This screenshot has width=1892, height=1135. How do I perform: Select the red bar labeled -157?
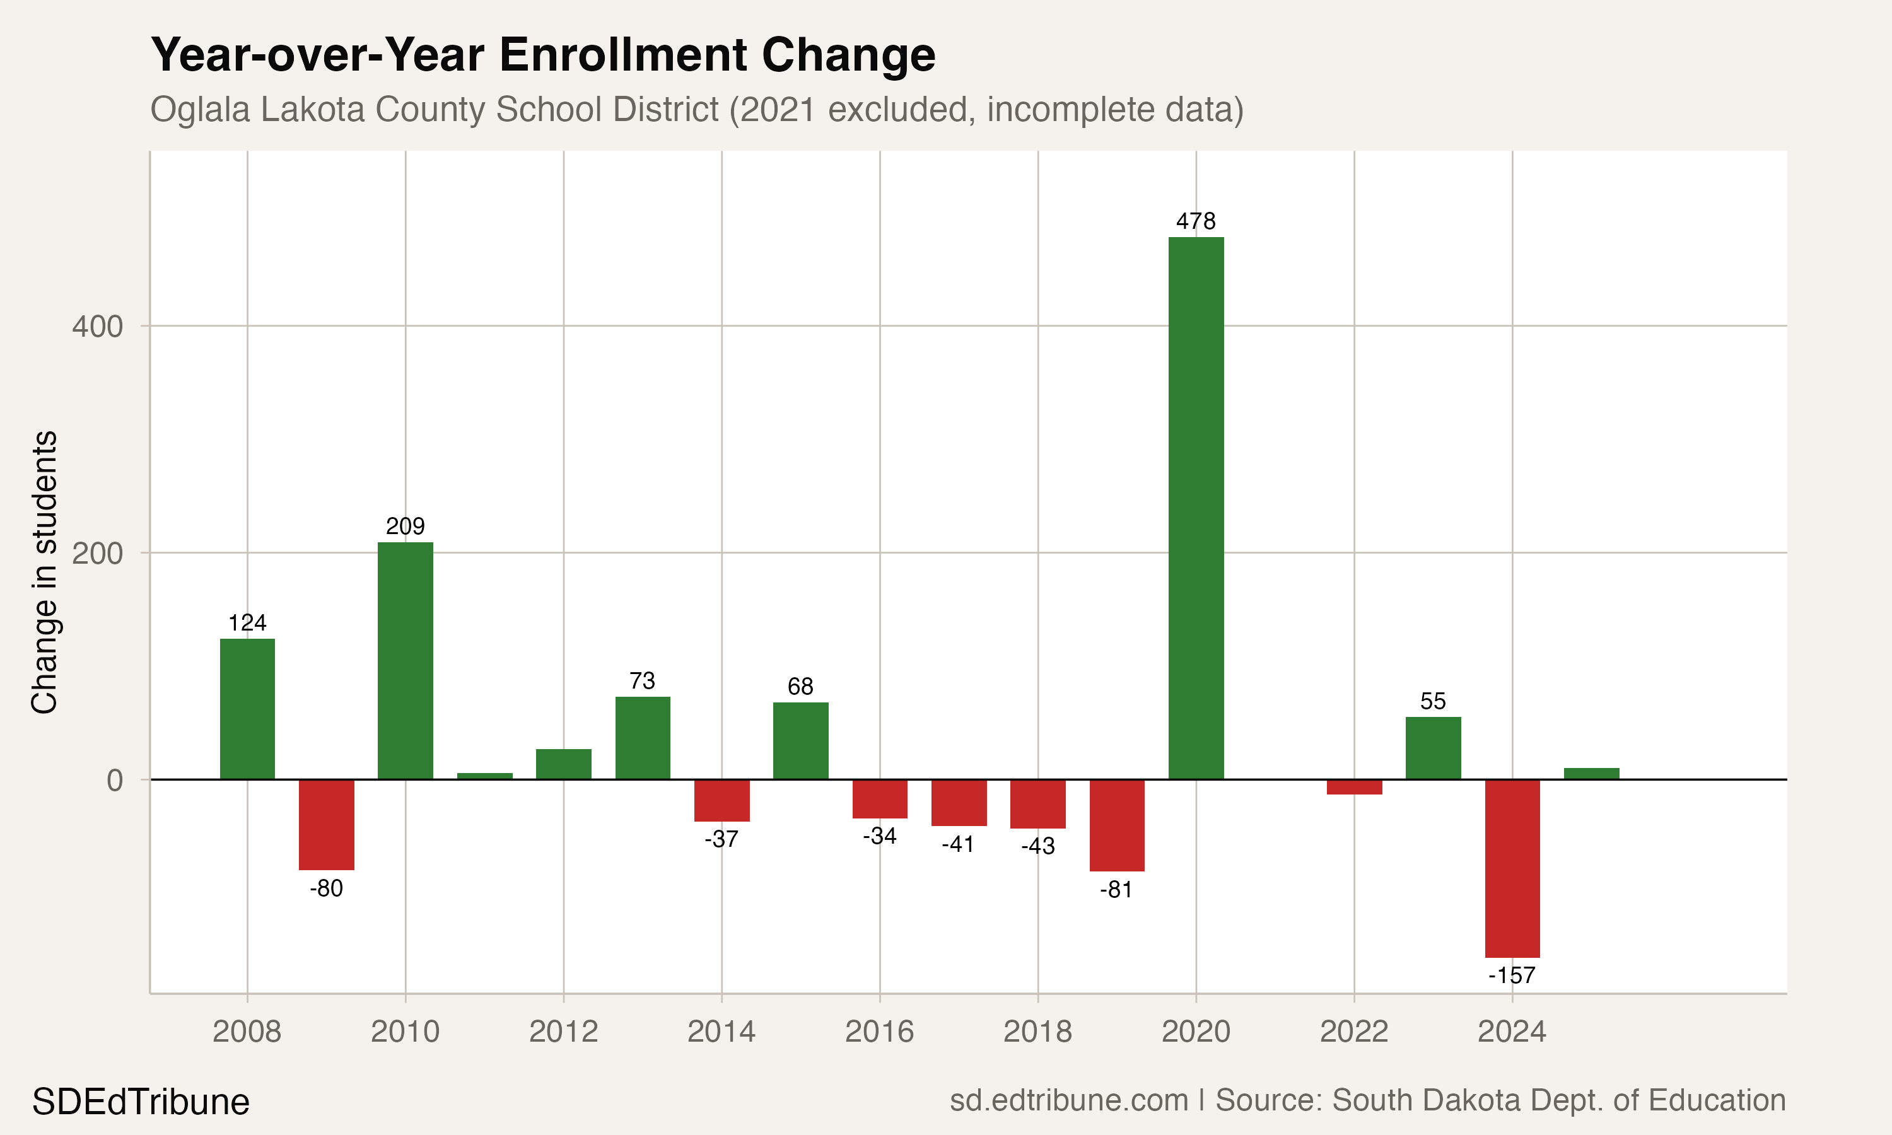tap(1512, 868)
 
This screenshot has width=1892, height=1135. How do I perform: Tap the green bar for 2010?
tap(406, 661)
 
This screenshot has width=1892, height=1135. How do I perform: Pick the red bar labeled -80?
tap(327, 825)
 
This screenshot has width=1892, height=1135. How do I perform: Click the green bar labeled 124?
tap(247, 709)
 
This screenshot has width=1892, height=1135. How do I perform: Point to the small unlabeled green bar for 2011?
tap(485, 776)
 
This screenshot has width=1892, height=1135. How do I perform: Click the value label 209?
tap(406, 527)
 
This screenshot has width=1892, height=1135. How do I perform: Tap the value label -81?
tap(1116, 890)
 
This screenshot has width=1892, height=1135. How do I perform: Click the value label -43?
tap(1038, 846)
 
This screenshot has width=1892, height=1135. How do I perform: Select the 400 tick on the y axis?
tap(97, 327)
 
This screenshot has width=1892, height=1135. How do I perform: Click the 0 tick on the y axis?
tap(114, 781)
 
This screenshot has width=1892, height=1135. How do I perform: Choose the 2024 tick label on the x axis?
tap(1511, 1032)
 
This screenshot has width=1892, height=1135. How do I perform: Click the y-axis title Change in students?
tap(44, 572)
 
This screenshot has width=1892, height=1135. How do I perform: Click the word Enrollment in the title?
tap(623, 55)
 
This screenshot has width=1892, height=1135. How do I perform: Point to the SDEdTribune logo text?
tap(141, 1102)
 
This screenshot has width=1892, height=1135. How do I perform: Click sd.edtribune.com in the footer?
tap(1068, 1100)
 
